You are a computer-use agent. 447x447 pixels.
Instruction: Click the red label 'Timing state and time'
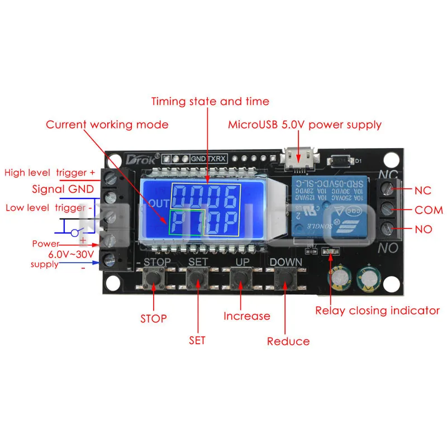(210, 102)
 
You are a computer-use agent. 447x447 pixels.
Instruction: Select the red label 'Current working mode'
(107, 125)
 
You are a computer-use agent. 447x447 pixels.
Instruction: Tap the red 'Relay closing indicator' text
(378, 311)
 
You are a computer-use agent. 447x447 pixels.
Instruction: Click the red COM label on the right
(429, 211)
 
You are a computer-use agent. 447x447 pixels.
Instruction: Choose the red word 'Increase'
(246, 316)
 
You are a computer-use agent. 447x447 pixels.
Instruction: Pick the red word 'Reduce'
(288, 341)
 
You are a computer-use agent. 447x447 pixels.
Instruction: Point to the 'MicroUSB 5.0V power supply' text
(305, 125)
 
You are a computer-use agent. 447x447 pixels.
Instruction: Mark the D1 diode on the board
(342, 160)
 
